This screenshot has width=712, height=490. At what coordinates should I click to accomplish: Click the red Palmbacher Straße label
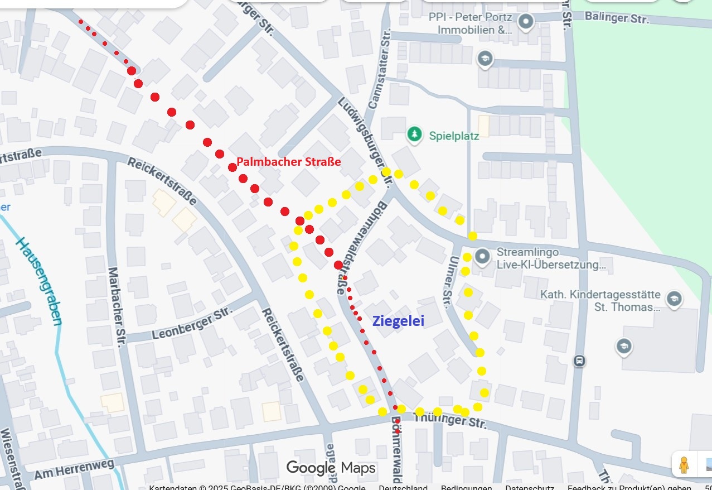coord(288,162)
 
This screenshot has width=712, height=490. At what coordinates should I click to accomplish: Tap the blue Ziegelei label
coord(398,321)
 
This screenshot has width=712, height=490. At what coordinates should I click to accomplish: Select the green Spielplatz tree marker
coord(414,134)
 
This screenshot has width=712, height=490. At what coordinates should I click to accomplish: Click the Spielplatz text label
coord(454,136)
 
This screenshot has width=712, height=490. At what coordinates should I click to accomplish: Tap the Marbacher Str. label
coord(118,307)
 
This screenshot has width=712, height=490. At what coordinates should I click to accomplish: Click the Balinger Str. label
coord(617,17)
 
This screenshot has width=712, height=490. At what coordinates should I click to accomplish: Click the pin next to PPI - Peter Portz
coord(525,22)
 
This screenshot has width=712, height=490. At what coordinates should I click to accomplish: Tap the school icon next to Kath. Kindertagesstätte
coord(674,298)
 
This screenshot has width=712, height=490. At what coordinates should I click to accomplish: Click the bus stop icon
coord(579,361)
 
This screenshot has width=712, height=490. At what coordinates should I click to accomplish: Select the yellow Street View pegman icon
coord(684,464)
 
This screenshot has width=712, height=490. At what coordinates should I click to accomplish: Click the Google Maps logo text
coord(331,468)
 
